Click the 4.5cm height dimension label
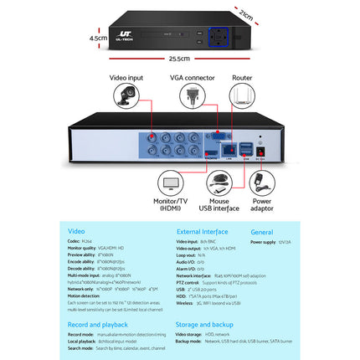coord(100,38)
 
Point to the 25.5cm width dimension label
coord(178,59)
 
